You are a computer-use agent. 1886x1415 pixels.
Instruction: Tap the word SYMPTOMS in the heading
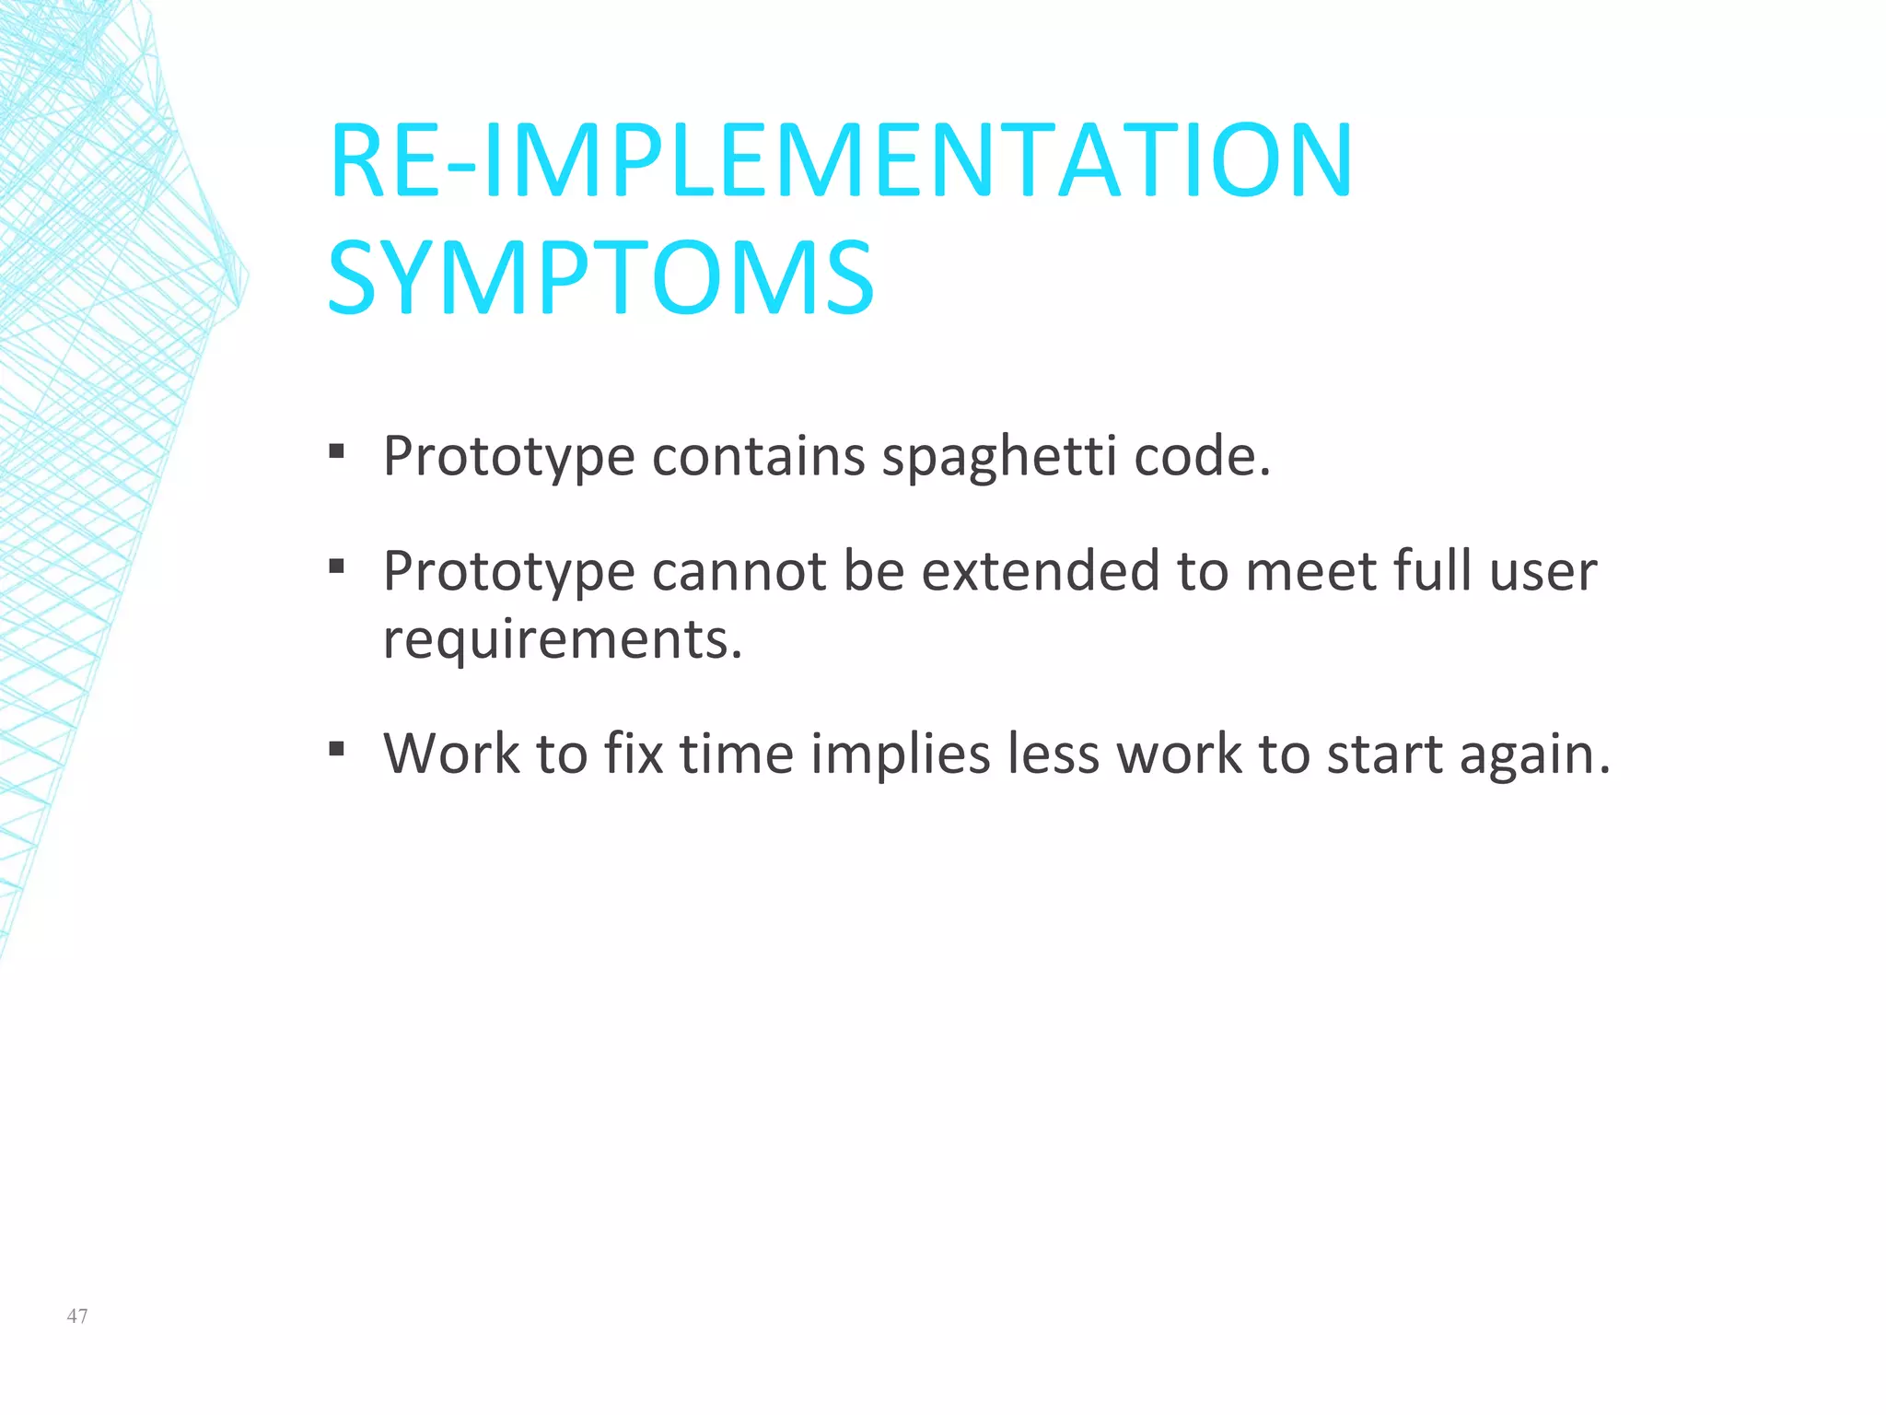[600, 277]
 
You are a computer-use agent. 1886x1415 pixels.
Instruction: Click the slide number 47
[77, 1316]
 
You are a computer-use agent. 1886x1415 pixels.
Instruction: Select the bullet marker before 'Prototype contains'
[336, 451]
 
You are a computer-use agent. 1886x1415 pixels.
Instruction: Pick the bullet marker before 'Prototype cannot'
[336, 567]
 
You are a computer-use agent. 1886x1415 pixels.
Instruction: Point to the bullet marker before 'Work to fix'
[336, 749]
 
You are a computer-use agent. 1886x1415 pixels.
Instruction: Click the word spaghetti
[999, 457]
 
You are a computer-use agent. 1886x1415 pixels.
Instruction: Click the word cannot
[739, 571]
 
